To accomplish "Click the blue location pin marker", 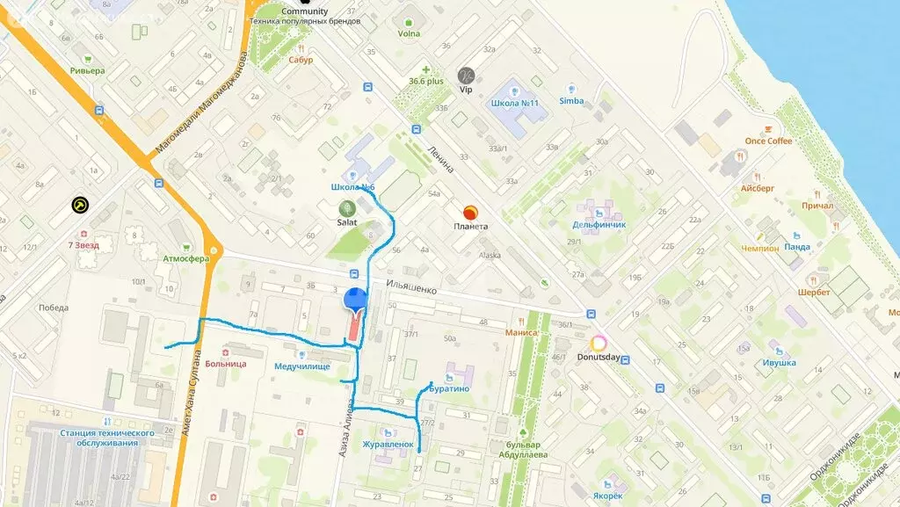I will click(355, 300).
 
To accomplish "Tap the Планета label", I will click(470, 226).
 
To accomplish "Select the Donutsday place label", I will click(599, 357).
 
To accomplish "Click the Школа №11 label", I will click(515, 103).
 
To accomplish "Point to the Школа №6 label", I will click(352, 188).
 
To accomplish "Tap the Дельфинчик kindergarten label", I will click(601, 225).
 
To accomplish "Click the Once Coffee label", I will click(768, 141).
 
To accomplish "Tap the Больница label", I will click(226, 363).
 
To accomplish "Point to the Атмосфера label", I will click(185, 259).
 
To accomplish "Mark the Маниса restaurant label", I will click(521, 333).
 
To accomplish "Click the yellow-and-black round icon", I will click(81, 206).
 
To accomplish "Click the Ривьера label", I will click(87, 70).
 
